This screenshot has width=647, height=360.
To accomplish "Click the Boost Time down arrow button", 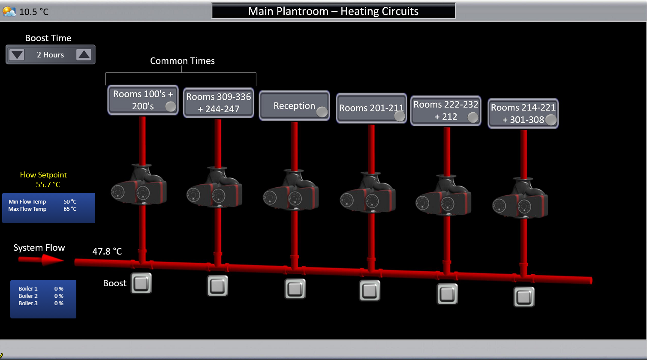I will pyautogui.click(x=17, y=55).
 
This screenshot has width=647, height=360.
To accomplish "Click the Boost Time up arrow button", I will pyautogui.click(x=84, y=55).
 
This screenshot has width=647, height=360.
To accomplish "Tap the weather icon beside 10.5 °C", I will pyautogui.click(x=9, y=12).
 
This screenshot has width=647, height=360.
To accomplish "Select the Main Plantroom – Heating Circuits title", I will pyautogui.click(x=333, y=11).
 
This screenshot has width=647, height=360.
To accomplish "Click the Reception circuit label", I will pyautogui.click(x=294, y=106).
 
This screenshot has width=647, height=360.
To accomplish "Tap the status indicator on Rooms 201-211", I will pyautogui.click(x=399, y=116).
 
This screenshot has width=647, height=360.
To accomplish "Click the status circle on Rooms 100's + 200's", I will pyautogui.click(x=171, y=107).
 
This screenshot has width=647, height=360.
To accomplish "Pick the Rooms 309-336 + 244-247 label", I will pyautogui.click(x=218, y=103).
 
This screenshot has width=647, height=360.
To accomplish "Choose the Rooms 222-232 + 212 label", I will pyautogui.click(x=445, y=110).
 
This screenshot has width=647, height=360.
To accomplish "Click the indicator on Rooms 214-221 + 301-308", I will pyautogui.click(x=551, y=120).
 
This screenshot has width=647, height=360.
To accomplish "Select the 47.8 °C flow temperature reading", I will pyautogui.click(x=107, y=251).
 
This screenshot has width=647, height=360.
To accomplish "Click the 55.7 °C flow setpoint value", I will pyautogui.click(x=48, y=185).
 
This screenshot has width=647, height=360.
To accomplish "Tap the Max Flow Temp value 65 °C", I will pyautogui.click(x=70, y=209).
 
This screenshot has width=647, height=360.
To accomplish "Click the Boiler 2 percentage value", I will pyautogui.click(x=59, y=296).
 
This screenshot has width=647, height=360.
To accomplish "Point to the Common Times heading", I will pyautogui.click(x=182, y=61).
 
